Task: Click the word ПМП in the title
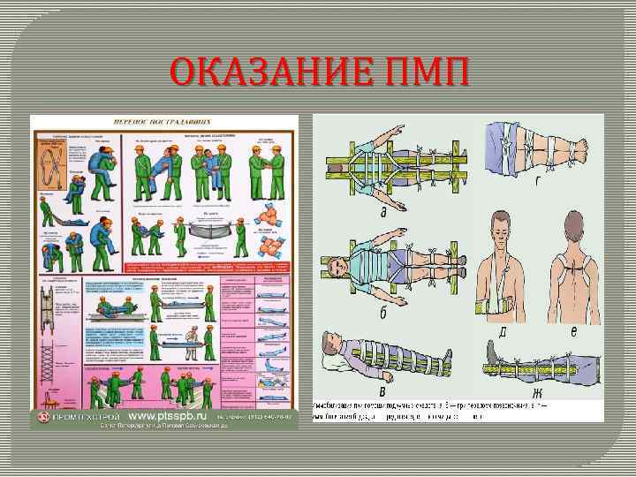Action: tap(422, 73)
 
